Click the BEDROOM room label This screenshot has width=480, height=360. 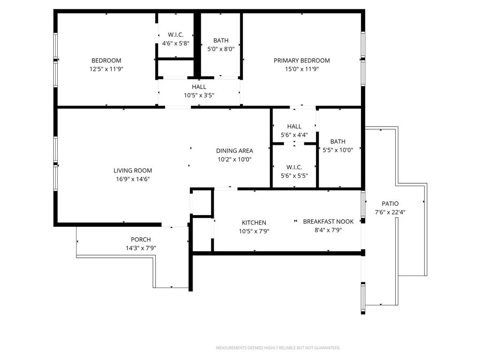pos(106,60)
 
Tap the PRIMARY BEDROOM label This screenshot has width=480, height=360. pos(301,60)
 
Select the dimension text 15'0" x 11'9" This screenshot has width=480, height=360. pos(301,69)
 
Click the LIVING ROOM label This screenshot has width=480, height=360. pos(133,171)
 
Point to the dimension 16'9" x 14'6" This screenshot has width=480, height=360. pos(133,179)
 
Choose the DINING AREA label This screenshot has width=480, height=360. pos(234,150)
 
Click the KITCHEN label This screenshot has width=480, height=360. pos(254,223)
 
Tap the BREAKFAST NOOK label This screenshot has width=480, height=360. pos(328,221)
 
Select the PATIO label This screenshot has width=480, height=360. pos(390,203)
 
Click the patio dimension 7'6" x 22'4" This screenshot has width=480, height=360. pos(390,212)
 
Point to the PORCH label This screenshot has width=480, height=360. pos(141,240)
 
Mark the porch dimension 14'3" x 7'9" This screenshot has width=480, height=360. pos(141,248)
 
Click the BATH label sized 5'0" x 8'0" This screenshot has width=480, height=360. pos(221,41)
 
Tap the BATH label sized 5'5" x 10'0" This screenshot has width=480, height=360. pos(337,142)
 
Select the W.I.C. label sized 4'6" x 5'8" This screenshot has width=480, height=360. pos(175,35)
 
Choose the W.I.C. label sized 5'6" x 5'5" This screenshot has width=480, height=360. pos(294,167)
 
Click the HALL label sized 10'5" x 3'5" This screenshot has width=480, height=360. pos(199,87)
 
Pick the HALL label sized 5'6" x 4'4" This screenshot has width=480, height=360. pos(294,127)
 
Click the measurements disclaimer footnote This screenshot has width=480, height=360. pos(278,348)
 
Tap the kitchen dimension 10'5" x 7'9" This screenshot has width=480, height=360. pos(254,231)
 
